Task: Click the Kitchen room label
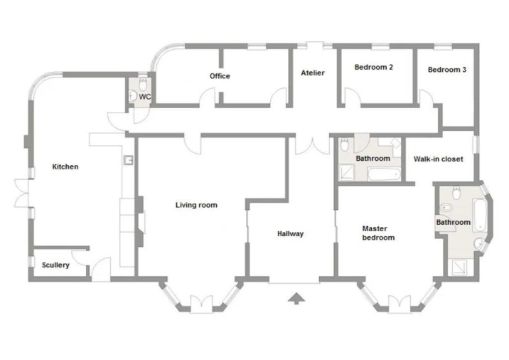tap(65, 166)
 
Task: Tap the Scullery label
tap(55, 265)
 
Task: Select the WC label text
tap(145, 97)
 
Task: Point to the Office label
tap(220, 76)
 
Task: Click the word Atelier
tap(313, 73)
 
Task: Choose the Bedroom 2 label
tap(374, 68)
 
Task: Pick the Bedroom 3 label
tap(447, 70)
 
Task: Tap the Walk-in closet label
tap(438, 159)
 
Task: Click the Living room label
tap(196, 205)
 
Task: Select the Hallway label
tap(290, 233)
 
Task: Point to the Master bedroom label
tap(378, 233)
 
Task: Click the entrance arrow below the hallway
tap(296, 298)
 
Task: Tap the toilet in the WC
tap(143, 84)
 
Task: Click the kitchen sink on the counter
tap(129, 160)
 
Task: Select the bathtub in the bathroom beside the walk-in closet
tap(383, 174)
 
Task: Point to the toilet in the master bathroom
tap(456, 193)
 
